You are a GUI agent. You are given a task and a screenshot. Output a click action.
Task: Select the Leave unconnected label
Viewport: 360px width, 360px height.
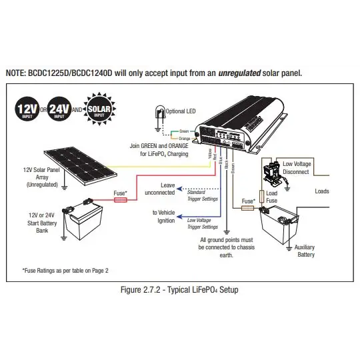[x=159, y=188]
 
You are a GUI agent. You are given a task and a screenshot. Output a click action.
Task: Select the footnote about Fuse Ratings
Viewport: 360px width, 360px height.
[x=65, y=270]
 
